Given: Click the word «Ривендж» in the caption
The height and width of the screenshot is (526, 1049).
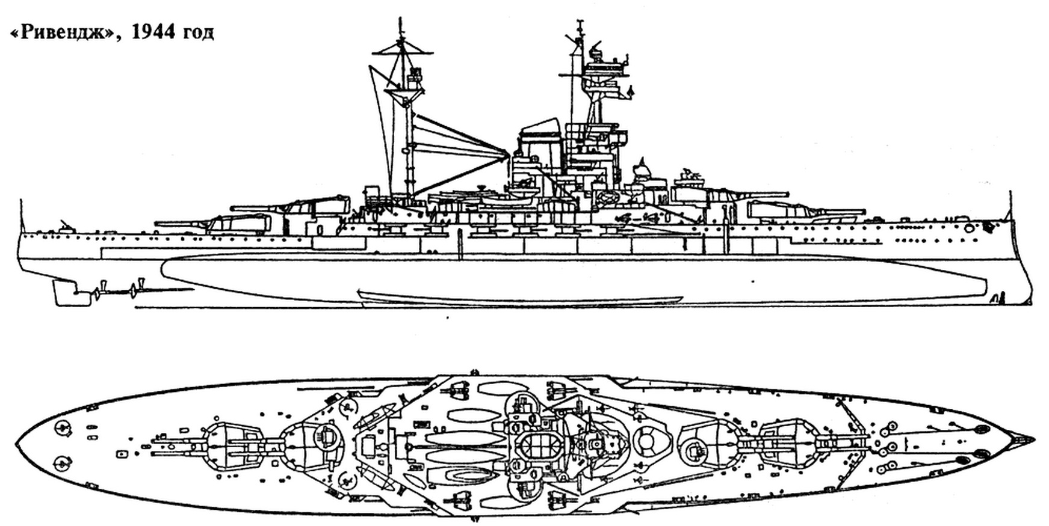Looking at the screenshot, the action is coord(66,34).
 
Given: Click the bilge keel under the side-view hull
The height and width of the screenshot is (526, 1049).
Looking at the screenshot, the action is coord(520,296).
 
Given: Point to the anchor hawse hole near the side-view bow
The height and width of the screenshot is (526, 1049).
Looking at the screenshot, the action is coord(968,228).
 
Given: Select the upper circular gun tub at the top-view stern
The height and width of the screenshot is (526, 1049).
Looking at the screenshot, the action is coord(62,427).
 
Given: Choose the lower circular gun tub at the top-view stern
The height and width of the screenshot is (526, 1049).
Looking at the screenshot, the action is coord(62,463).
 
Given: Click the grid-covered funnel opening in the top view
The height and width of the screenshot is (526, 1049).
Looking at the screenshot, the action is coord(540,445).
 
